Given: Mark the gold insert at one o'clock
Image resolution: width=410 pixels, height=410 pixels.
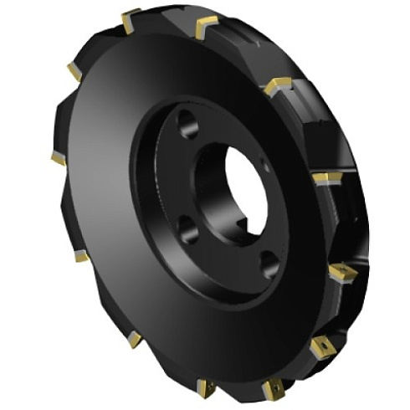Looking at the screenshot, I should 278,85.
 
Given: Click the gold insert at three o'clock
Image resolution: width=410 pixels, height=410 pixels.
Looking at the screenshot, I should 326,178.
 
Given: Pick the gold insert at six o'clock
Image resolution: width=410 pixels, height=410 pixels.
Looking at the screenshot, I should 206,388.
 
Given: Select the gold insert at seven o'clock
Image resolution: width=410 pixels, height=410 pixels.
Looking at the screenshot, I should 134,339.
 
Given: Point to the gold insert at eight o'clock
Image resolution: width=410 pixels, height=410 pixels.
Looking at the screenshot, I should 80,256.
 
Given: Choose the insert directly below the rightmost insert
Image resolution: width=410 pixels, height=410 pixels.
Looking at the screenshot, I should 322,346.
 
